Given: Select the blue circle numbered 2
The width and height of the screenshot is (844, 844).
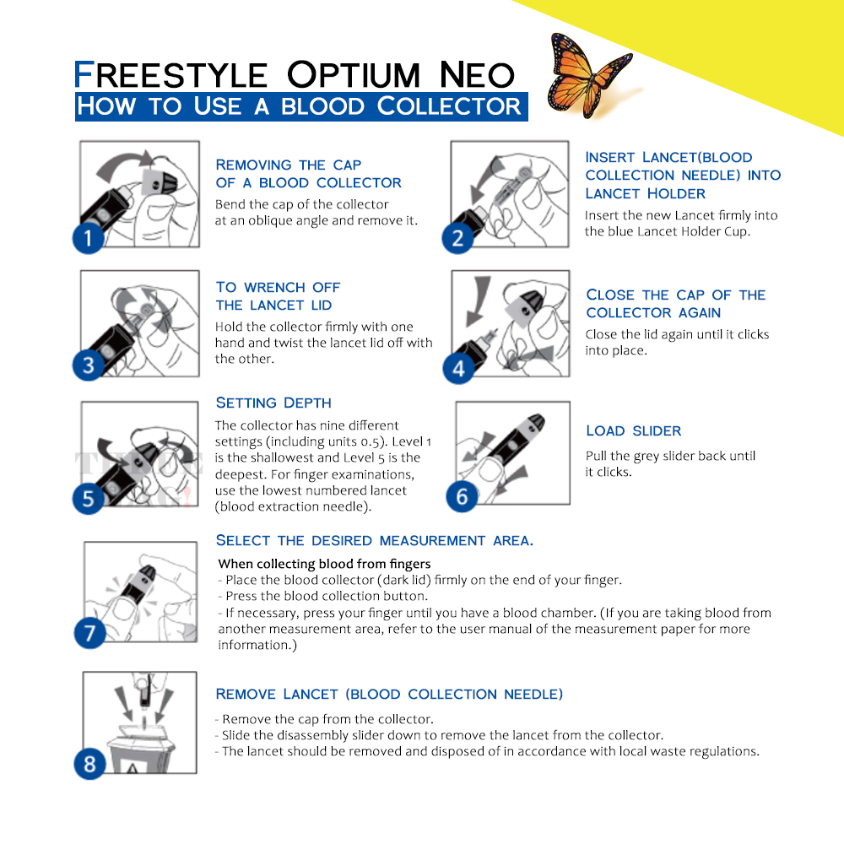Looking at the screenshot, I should (x=457, y=238).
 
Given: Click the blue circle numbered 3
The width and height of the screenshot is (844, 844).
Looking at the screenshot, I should (x=89, y=366).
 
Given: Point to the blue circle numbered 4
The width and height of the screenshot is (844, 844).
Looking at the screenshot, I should (x=458, y=369).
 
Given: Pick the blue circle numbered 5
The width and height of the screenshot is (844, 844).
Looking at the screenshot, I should (x=89, y=498).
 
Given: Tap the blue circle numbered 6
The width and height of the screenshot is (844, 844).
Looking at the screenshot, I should (x=462, y=496).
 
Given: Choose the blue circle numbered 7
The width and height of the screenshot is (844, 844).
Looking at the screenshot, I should (x=89, y=632).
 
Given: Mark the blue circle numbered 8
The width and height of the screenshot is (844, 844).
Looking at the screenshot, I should (x=89, y=765).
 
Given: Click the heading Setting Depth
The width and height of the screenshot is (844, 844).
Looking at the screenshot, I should (x=273, y=403).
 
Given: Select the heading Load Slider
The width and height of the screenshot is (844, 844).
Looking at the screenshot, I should (x=633, y=430).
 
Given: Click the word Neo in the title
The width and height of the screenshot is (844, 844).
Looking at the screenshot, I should (x=477, y=75).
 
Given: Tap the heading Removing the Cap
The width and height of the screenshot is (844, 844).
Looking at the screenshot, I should (x=289, y=165).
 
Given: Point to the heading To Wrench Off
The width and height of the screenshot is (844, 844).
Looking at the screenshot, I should (x=278, y=287).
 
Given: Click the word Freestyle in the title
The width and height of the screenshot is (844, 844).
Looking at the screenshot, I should (x=170, y=75).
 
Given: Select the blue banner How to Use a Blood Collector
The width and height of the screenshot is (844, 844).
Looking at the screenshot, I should (x=300, y=106).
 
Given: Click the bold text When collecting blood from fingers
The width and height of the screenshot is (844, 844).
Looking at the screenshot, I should (x=324, y=564).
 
